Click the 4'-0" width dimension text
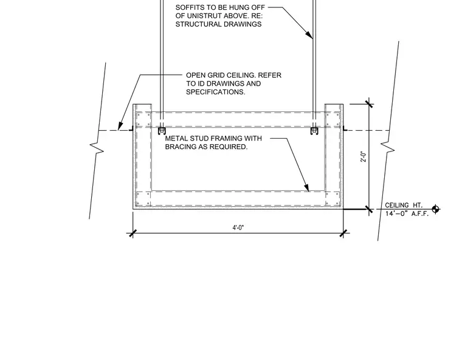(x=238, y=227)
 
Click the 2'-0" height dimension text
(x=364, y=156)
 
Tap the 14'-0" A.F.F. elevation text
(x=407, y=213)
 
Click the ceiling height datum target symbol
(x=435, y=209)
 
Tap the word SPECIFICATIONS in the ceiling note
(x=216, y=92)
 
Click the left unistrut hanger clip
(x=162, y=131)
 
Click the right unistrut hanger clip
(x=314, y=131)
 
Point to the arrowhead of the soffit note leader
(x=309, y=35)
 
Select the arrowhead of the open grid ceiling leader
(x=120, y=126)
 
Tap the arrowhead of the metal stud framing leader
(x=306, y=188)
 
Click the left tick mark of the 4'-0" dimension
(x=133, y=234)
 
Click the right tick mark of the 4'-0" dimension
(x=343, y=234)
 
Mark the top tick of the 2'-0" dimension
(x=369, y=104)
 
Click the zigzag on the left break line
(x=97, y=147)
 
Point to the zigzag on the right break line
(x=388, y=147)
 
